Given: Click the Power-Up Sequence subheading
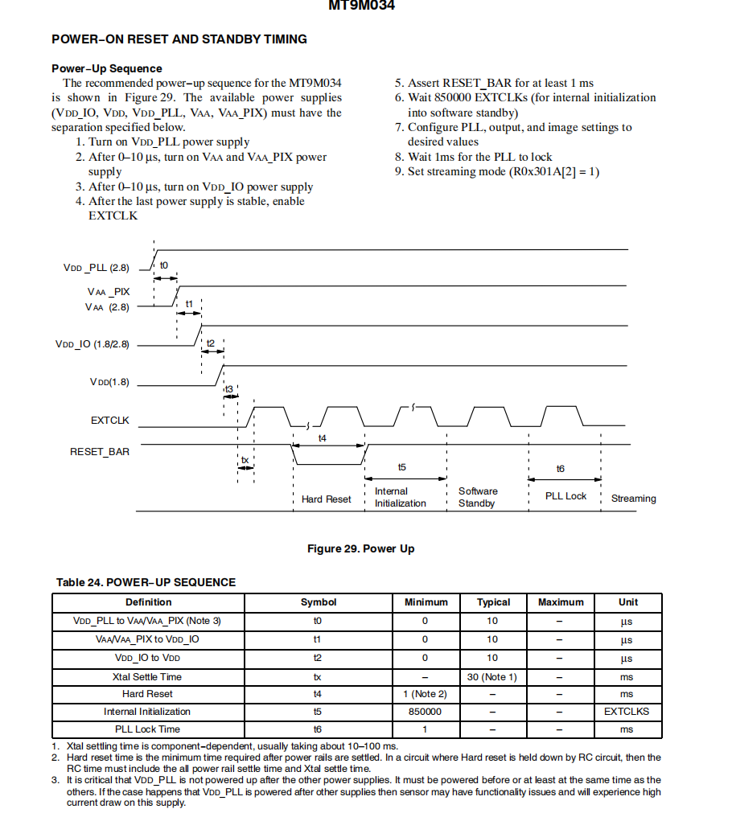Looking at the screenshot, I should (107, 68).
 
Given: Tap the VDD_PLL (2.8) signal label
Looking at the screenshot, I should (97, 268).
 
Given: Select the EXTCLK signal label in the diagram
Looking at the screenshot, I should (110, 421).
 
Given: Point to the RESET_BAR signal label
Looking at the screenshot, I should (100, 451).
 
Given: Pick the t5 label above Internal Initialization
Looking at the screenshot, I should (402, 467).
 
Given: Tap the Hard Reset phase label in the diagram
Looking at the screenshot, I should (326, 499).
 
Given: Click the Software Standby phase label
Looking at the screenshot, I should (478, 497).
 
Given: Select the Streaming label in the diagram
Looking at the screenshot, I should (633, 499).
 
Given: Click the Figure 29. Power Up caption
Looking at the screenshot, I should (360, 548).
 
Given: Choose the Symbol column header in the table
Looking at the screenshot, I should (319, 602).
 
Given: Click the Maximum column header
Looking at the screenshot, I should (561, 602).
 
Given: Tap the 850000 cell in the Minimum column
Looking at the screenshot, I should (426, 712).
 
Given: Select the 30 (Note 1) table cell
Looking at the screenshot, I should (492, 677).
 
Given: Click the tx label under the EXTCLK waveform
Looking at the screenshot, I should (245, 461).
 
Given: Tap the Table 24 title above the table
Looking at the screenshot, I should (146, 582).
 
